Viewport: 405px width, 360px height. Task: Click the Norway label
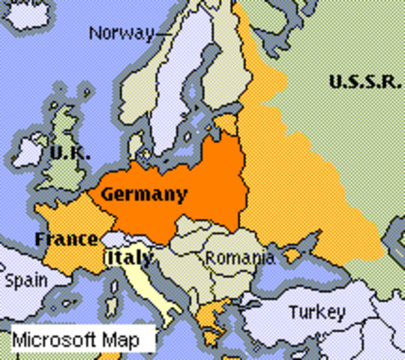click(x=121, y=33)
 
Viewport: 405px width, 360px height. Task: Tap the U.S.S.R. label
click(x=365, y=82)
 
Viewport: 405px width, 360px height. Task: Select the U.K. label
click(x=70, y=152)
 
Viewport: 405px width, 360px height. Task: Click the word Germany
click(x=144, y=194)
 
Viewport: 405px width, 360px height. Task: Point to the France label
click(x=66, y=240)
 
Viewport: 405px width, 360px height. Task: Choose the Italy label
click(x=128, y=257)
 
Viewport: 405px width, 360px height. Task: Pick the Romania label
click(x=239, y=258)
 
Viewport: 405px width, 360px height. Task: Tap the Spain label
click(x=26, y=281)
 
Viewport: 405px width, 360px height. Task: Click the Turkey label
click(x=317, y=311)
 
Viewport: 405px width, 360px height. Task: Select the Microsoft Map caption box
click(x=83, y=339)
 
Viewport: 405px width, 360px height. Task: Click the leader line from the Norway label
click(x=166, y=32)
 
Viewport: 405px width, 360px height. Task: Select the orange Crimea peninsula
click(x=291, y=256)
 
